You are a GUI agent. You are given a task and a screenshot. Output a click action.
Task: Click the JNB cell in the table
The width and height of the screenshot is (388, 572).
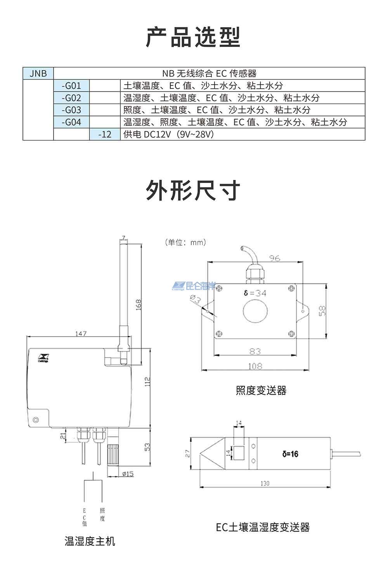pyautogui.click(x=38, y=73)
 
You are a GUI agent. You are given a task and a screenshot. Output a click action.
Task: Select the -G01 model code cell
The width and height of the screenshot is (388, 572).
pyautogui.click(x=71, y=86)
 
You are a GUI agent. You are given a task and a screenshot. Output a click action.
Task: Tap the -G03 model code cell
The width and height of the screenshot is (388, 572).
pyautogui.click(x=71, y=110)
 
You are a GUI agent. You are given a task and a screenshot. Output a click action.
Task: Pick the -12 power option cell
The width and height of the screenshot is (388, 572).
pyautogui.click(x=105, y=134)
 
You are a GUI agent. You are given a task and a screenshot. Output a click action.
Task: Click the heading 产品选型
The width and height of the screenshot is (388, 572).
pyautogui.click(x=193, y=38)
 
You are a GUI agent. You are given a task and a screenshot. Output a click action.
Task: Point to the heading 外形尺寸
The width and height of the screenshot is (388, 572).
pyautogui.click(x=193, y=190)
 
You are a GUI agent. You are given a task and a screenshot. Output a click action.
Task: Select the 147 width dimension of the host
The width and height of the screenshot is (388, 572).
pyautogui.click(x=81, y=334)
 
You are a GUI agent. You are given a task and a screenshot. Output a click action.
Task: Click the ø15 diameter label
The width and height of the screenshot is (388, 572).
pyautogui.click(x=128, y=473)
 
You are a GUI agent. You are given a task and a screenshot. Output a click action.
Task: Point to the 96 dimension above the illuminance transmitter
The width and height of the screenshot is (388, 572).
pyautogui.click(x=275, y=258)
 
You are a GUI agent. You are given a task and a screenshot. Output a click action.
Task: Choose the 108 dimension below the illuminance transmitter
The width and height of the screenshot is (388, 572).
pyautogui.click(x=255, y=366)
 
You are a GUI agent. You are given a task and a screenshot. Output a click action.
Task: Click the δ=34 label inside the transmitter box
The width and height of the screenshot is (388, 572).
pyautogui.click(x=255, y=293)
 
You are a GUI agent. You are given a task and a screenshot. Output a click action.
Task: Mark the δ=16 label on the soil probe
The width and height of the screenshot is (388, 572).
pyautogui.click(x=290, y=454)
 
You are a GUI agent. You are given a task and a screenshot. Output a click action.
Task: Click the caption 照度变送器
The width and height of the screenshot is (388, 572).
pyautogui.click(x=261, y=390)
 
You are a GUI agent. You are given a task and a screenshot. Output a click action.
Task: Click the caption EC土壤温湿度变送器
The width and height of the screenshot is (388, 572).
pyautogui.click(x=263, y=527)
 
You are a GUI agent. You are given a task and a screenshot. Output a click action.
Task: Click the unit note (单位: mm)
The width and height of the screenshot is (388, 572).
pyautogui.click(x=185, y=242)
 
